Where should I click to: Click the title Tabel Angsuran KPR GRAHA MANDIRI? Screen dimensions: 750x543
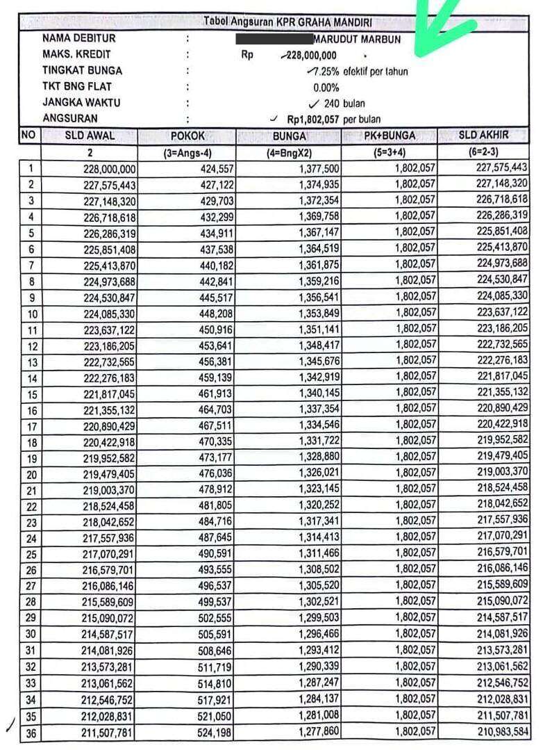287,22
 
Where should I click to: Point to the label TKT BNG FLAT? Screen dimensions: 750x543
77,87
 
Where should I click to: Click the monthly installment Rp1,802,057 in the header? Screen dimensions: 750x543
313,120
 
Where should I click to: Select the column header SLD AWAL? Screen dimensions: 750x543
90,136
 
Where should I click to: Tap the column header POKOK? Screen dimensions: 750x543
187,136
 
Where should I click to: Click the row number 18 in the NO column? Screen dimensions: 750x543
31,441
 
